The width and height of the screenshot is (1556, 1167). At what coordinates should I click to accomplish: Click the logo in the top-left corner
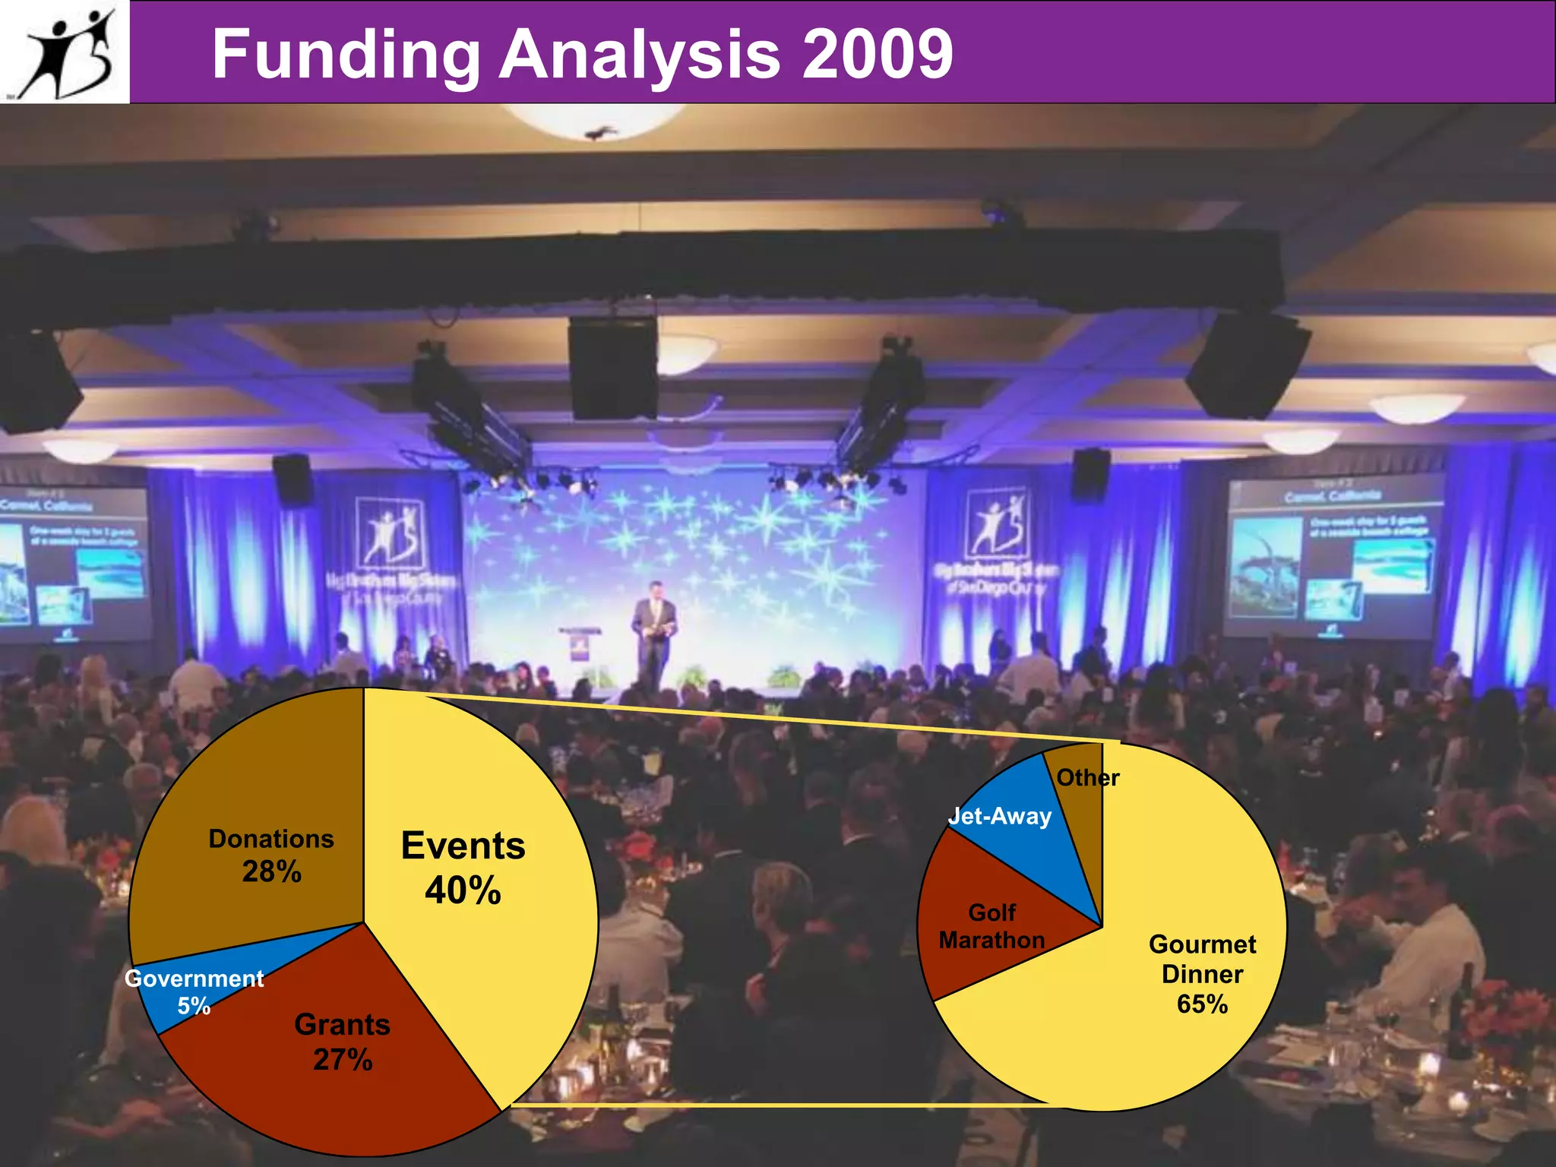click(x=65, y=52)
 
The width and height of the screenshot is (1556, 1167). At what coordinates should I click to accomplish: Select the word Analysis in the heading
click(x=639, y=55)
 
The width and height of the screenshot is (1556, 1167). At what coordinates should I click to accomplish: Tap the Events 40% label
click(x=463, y=868)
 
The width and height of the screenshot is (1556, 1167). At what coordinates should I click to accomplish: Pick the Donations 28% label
click(x=271, y=855)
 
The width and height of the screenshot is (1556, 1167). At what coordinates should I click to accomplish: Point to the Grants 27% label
click(x=342, y=1042)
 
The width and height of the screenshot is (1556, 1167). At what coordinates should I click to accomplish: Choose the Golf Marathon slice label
click(x=991, y=926)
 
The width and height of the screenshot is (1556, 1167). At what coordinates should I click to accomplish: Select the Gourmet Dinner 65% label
click(x=1202, y=974)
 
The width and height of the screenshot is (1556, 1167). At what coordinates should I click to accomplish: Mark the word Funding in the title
click(x=346, y=55)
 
